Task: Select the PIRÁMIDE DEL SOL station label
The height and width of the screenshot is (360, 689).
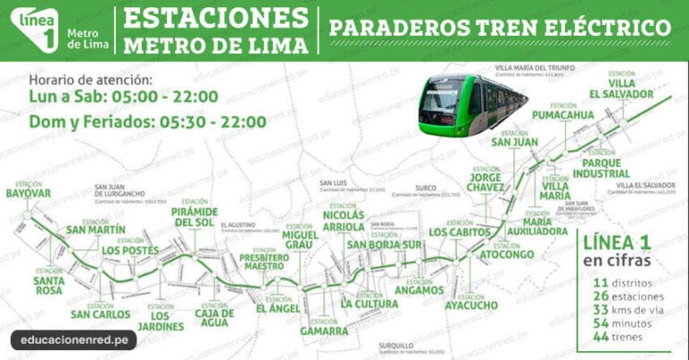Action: [x=194, y=215]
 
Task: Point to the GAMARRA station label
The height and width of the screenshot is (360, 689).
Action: [x=324, y=330]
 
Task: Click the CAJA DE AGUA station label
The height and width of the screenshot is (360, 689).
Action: [x=214, y=320]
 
